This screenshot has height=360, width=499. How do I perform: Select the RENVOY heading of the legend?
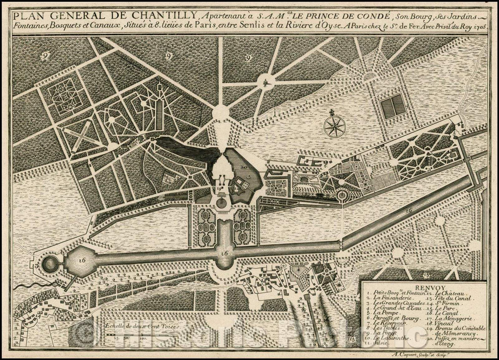[x=422, y=286]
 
